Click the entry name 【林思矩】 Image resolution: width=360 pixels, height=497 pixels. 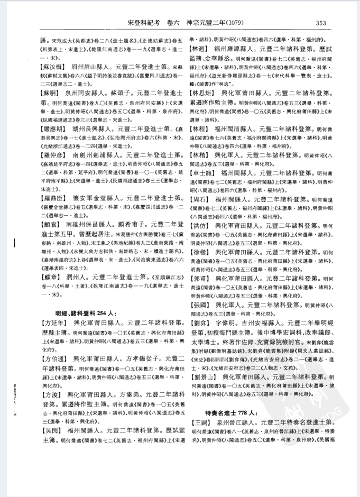[x=204, y=92]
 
